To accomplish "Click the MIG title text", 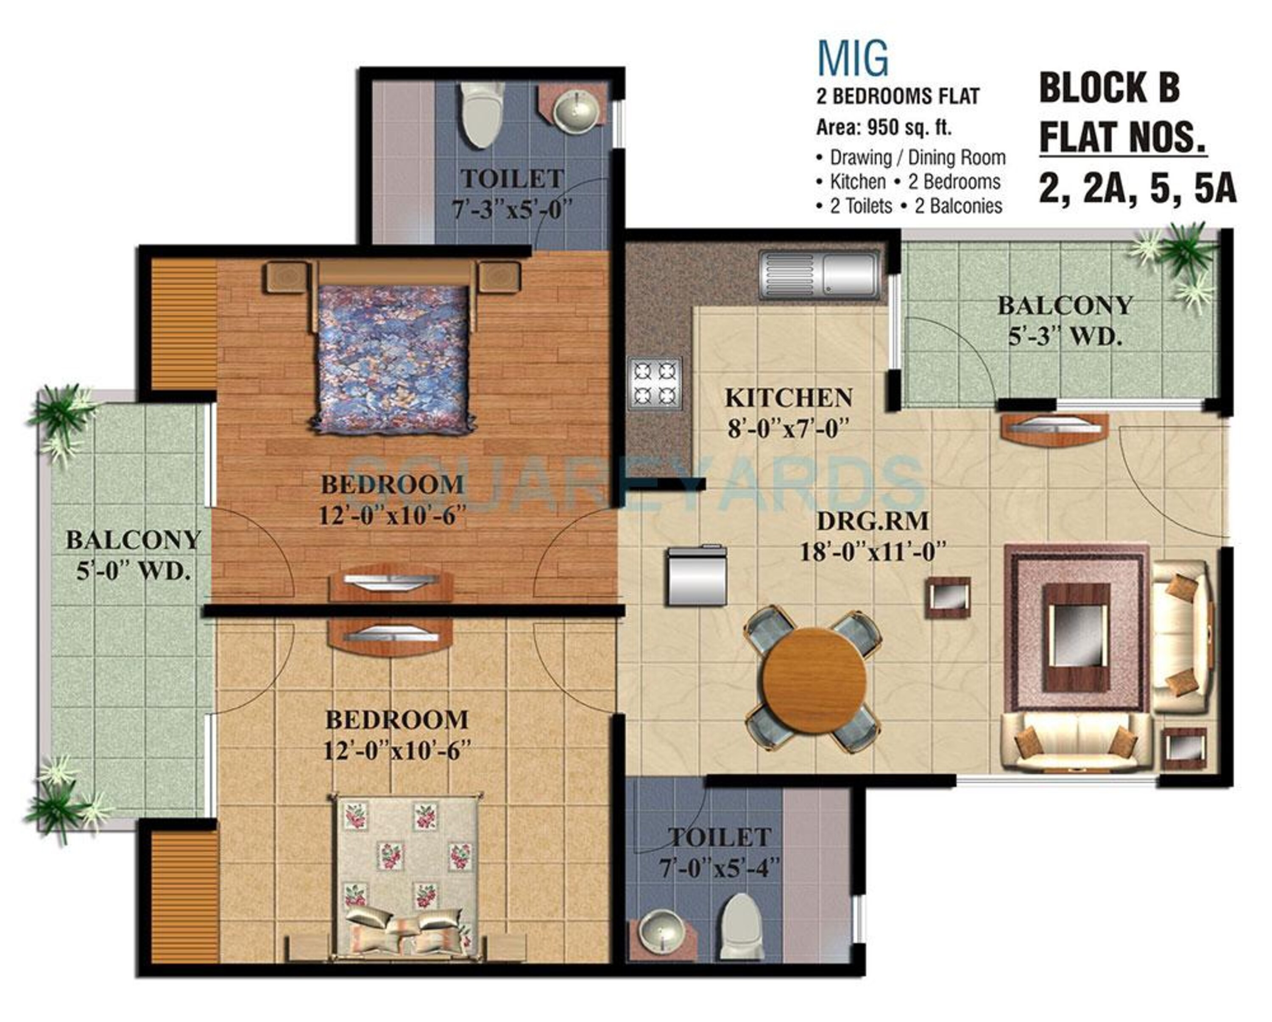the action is coord(853,58).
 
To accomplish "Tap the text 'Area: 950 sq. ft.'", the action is coord(883,128).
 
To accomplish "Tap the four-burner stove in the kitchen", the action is coord(655,383).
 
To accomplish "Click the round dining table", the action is coord(815,674).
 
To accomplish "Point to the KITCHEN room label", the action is coord(788,398).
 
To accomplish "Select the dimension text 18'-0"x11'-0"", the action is coord(873,553).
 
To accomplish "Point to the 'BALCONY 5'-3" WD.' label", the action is coord(1065,321).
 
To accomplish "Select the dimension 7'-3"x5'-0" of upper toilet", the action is coord(513,210).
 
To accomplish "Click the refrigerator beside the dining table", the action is coord(697,576).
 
